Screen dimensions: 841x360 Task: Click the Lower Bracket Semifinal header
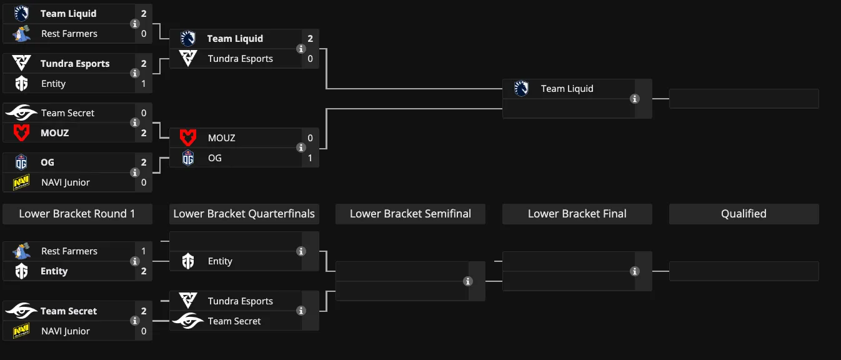coord(411,214)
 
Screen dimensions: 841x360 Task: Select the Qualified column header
coord(744,214)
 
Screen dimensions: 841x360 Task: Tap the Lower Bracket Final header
coord(577,214)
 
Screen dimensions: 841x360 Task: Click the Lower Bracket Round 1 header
coord(77,214)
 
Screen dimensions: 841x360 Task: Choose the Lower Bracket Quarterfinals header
coord(244,214)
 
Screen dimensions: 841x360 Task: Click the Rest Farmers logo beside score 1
coord(21,251)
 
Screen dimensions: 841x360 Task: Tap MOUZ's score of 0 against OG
coord(310,137)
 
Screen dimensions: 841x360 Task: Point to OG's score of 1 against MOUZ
coord(310,158)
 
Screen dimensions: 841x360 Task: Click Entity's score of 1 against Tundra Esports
coord(144,83)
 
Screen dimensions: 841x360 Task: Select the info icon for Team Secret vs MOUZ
coord(135,122)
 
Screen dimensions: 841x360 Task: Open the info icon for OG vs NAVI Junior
coord(135,172)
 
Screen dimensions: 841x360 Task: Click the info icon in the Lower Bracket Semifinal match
coord(468,281)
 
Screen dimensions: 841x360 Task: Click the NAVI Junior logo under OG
coord(21,182)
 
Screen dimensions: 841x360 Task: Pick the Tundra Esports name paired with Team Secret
coord(241,301)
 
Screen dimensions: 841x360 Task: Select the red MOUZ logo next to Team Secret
coord(21,133)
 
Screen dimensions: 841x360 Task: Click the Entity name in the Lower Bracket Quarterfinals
coord(220,261)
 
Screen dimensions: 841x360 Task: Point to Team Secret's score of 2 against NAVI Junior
coord(144,311)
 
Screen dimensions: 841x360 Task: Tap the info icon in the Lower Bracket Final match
coord(635,271)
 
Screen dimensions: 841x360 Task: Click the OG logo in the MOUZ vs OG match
coord(188,158)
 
